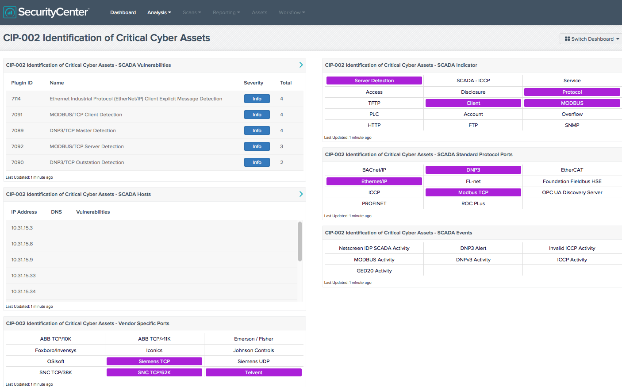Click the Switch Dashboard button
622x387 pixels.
point(591,39)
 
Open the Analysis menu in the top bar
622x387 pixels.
point(159,12)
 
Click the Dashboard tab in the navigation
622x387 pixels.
point(123,12)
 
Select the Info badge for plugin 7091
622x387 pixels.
point(257,115)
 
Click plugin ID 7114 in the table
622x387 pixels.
point(16,99)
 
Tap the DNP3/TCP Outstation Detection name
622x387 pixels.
point(87,162)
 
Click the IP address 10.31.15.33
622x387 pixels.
point(23,276)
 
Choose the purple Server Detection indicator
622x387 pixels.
point(374,80)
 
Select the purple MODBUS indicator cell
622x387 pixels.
point(572,103)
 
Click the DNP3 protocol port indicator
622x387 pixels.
point(473,170)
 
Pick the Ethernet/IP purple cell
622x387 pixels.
point(374,181)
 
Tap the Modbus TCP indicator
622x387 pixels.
point(473,192)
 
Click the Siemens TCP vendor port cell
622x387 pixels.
point(154,361)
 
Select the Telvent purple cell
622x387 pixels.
point(253,372)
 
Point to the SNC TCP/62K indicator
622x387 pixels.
point(154,372)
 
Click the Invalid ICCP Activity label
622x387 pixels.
point(572,248)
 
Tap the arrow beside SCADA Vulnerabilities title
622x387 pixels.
point(301,65)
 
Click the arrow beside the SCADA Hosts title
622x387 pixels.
point(301,194)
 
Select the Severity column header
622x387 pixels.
point(253,83)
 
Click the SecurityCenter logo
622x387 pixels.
point(46,12)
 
